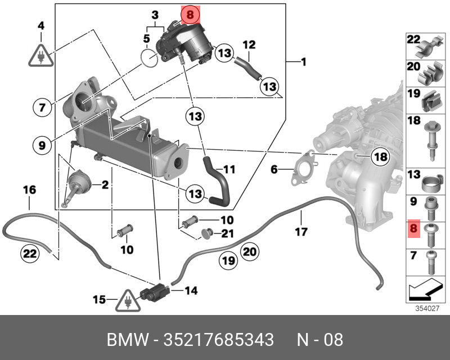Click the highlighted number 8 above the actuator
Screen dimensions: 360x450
click(190, 15)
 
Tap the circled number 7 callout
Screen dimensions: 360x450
click(42, 107)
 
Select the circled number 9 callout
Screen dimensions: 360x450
click(42, 145)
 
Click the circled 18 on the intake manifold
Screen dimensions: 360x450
click(381, 157)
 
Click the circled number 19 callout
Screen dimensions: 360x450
click(227, 262)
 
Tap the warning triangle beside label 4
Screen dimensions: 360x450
click(41, 53)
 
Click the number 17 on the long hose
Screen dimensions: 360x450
click(302, 231)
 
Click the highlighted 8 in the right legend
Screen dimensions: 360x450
click(414, 229)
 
